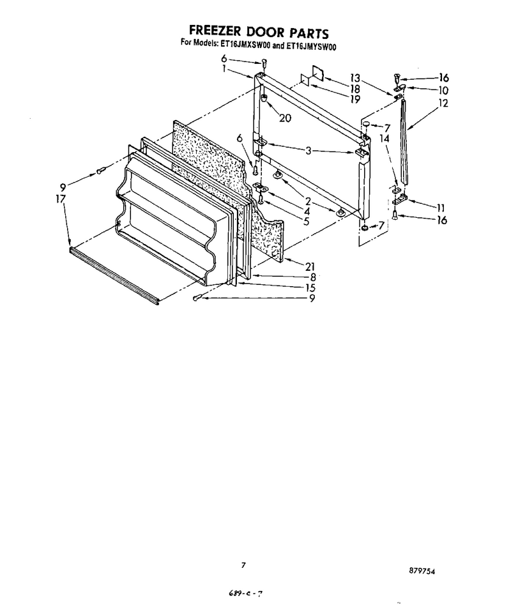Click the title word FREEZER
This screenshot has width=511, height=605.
(x=215, y=31)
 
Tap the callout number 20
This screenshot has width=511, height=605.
(x=285, y=118)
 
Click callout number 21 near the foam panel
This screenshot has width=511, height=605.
(x=310, y=266)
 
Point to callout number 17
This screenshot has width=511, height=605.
(x=61, y=199)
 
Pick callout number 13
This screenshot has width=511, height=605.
(x=355, y=78)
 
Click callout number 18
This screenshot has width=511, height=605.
(x=355, y=89)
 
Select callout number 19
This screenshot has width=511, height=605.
(x=355, y=99)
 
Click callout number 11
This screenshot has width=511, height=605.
(x=441, y=208)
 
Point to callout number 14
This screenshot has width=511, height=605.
(x=385, y=138)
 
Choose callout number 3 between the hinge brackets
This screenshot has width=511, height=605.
(x=308, y=151)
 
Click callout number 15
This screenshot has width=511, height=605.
(x=310, y=287)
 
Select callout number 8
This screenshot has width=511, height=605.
(x=313, y=277)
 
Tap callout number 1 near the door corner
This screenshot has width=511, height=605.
(x=224, y=69)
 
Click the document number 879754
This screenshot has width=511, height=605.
(x=422, y=571)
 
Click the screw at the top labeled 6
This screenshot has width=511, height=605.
(x=264, y=62)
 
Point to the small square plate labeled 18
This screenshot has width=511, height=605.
(x=318, y=73)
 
